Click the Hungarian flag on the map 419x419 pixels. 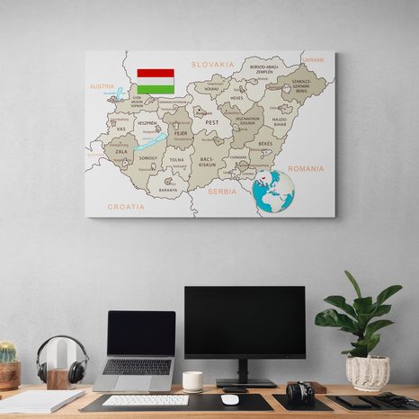click(x=156, y=81)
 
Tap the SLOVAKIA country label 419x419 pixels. click(x=212, y=65)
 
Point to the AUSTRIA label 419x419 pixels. click(x=102, y=87)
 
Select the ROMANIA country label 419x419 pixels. click(x=305, y=168)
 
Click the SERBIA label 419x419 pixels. click(x=222, y=192)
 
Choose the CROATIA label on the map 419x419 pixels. click(x=126, y=207)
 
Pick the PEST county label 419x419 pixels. click(x=212, y=121)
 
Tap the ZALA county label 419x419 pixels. click(x=120, y=154)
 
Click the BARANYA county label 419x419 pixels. click(x=168, y=190)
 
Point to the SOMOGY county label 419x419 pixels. click(x=147, y=158)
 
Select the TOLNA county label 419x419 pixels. click(x=176, y=160)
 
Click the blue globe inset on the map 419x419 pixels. click(x=274, y=191)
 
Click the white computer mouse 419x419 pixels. click(x=230, y=399)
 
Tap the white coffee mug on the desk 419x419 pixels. click(x=192, y=381)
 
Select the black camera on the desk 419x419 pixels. click(x=299, y=392)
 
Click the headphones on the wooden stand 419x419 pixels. click(x=61, y=360)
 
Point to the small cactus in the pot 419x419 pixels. click(x=7, y=352)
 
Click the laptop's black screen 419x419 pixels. click(x=141, y=334)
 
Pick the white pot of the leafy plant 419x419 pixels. click(x=367, y=371)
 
